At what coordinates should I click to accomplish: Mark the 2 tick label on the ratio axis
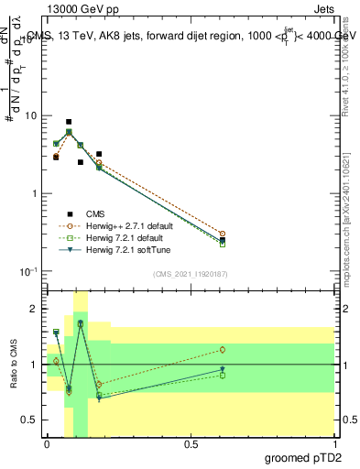(x=34, y=309)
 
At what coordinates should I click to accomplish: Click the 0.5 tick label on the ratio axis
(x=30, y=420)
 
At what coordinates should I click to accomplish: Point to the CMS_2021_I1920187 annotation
(x=191, y=274)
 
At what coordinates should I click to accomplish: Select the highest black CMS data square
(x=69, y=122)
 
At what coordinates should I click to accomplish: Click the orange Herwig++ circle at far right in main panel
(x=223, y=234)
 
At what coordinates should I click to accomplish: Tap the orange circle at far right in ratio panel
(x=223, y=350)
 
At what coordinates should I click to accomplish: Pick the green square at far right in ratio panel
(x=223, y=375)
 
